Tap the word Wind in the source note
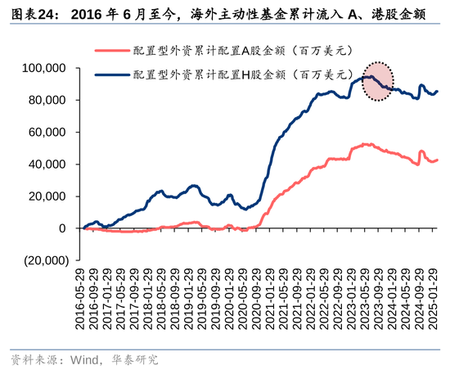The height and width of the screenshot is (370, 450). tap(83, 359)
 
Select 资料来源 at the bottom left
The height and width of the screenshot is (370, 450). tap(32, 359)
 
